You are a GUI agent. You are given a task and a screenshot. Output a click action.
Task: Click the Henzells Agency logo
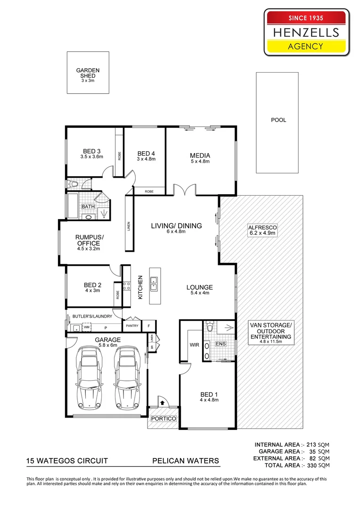pyautogui.click(x=307, y=33)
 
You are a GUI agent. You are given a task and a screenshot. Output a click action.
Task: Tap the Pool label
pyautogui.click(x=278, y=120)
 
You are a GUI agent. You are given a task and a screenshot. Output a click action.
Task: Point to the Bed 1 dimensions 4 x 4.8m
pyautogui.click(x=209, y=400)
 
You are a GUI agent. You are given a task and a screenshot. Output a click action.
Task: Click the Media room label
pyautogui.click(x=200, y=156)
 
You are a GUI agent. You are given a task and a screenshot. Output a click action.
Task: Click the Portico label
pyautogui.click(x=163, y=419)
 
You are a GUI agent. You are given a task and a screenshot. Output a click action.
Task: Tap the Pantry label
pyautogui.click(x=131, y=326)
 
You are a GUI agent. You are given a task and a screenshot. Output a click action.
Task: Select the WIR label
pyautogui.click(x=194, y=345)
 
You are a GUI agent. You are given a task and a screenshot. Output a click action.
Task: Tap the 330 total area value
pyautogui.click(x=308, y=465)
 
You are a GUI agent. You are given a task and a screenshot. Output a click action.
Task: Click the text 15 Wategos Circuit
pyautogui.click(x=67, y=460)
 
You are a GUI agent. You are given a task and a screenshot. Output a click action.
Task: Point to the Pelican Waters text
pyautogui.click(x=185, y=460)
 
